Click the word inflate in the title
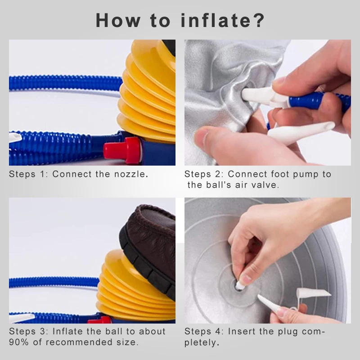click(216, 20)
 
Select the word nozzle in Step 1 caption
click(131, 174)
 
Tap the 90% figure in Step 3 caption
click(19, 342)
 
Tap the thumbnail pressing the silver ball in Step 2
click(201, 139)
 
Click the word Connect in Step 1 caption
click(72, 174)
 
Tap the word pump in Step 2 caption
click(305, 175)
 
